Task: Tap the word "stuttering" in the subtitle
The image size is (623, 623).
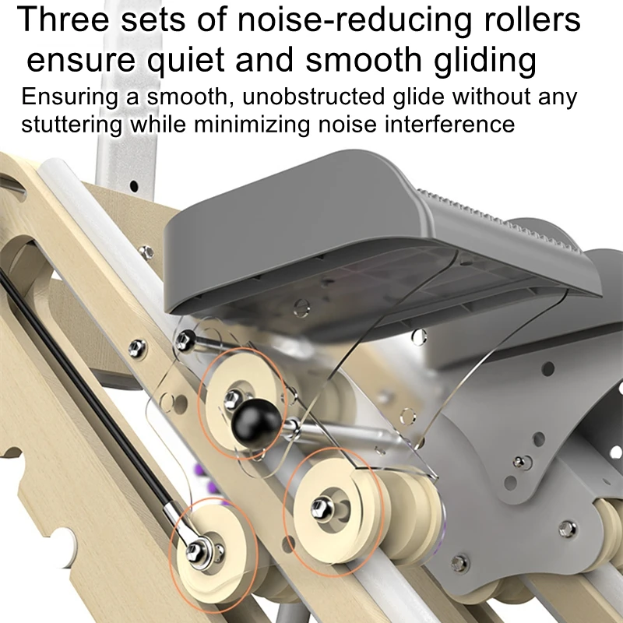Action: click(x=72, y=125)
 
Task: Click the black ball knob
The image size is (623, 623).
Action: click(x=256, y=423)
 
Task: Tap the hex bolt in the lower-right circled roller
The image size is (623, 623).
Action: click(x=320, y=509)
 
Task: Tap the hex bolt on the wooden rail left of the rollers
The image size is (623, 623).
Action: click(x=137, y=348)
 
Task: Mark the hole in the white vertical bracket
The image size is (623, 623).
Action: click(x=134, y=186)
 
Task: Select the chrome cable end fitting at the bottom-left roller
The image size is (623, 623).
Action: click(x=181, y=524)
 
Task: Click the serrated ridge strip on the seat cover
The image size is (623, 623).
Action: click(x=498, y=221)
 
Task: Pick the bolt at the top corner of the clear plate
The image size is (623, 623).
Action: click(x=184, y=340)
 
